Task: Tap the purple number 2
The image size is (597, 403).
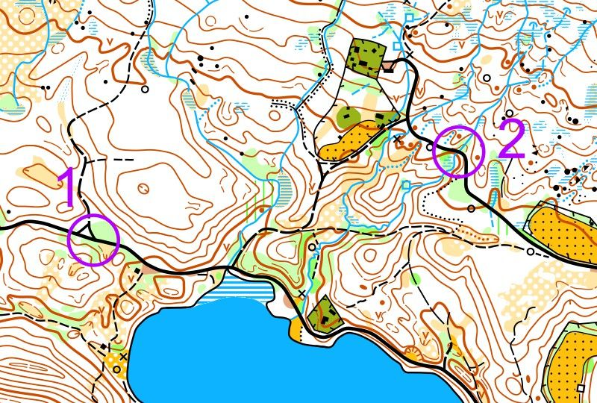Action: coord(512,139)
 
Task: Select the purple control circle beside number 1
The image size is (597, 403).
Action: coord(93,240)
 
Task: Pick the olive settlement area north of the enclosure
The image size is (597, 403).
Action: coord(366,56)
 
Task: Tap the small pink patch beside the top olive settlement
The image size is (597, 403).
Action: coord(389,67)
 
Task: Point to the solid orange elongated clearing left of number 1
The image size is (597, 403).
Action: coord(37,172)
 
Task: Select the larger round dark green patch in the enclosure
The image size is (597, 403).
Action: coord(348,116)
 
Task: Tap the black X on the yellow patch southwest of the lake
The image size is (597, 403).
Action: coord(123,357)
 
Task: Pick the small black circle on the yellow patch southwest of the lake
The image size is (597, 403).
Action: coord(113,362)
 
